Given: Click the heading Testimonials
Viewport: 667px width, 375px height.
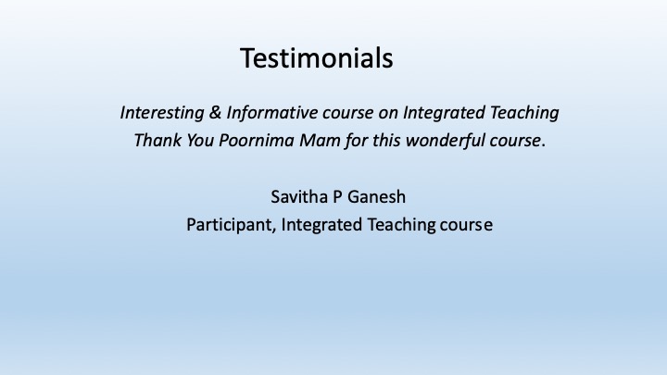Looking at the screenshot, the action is click(317, 58).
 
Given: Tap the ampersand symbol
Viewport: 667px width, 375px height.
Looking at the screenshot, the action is click(215, 113).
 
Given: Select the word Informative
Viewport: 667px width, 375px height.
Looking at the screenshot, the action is click(271, 113).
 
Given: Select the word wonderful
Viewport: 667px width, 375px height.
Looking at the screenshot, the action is click(445, 141).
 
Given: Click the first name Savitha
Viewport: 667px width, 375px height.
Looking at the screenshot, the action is click(299, 197).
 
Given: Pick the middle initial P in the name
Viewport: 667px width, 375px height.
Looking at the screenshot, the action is click(338, 197).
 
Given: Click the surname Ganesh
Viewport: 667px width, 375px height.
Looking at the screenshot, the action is click(376, 197).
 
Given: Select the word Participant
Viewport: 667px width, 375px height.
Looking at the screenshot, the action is click(230, 225).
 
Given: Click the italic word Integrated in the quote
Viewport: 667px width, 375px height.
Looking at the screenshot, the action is click(444, 113).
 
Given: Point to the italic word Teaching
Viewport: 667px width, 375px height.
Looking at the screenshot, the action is click(524, 113).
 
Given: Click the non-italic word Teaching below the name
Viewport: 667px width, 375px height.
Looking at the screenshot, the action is click(401, 225).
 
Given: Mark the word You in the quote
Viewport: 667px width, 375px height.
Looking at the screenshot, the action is click(200, 141).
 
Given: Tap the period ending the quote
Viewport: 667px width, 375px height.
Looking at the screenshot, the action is click(544, 146).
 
